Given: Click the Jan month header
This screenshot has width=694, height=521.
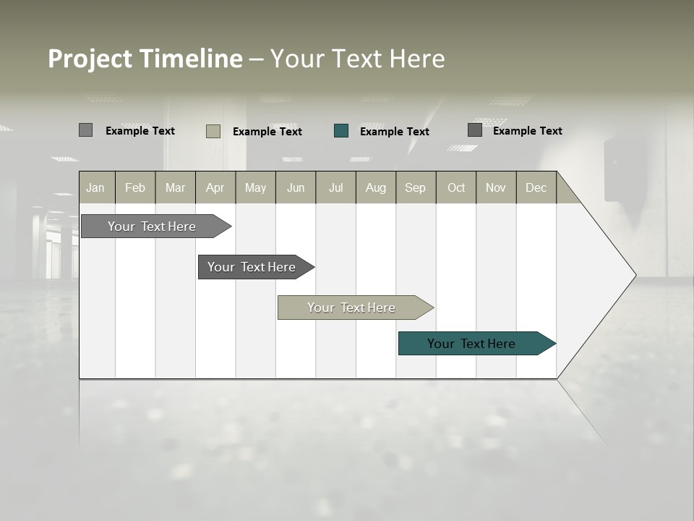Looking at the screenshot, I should pyautogui.click(x=96, y=187).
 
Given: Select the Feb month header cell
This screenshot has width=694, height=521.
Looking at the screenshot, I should pyautogui.click(x=135, y=187).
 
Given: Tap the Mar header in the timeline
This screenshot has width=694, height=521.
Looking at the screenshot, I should pyautogui.click(x=175, y=187).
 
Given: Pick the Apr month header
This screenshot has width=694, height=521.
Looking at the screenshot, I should pyautogui.click(x=215, y=187).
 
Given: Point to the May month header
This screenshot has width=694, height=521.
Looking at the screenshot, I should pyautogui.click(x=255, y=187).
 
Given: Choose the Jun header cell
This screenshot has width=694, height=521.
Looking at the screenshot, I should pyautogui.click(x=296, y=187).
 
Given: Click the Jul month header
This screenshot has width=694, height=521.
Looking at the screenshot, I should pyautogui.click(x=335, y=187).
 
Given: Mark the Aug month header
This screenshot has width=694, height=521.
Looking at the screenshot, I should pyautogui.click(x=376, y=187).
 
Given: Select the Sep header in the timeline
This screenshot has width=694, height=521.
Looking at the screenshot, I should pyautogui.click(x=416, y=187).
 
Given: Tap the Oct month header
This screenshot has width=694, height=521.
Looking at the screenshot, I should pyautogui.click(x=456, y=187).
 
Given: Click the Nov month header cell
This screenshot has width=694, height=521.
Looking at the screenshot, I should pyautogui.click(x=496, y=187).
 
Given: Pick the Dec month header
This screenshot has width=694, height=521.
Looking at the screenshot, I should pyautogui.click(x=536, y=187).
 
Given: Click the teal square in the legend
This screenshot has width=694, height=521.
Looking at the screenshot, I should pyautogui.click(x=341, y=131).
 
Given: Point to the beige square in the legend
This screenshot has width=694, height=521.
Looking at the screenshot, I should pyautogui.click(x=213, y=131).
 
